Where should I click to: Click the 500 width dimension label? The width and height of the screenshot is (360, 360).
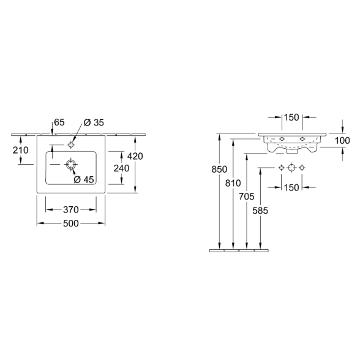71,223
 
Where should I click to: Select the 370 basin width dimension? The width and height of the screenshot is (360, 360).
71,209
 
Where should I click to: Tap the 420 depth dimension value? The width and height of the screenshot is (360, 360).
135,156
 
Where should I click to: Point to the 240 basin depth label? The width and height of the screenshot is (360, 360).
121,168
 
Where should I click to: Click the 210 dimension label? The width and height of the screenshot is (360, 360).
21,150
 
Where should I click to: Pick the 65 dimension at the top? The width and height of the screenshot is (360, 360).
59,122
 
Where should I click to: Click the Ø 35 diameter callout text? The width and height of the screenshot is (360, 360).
94,122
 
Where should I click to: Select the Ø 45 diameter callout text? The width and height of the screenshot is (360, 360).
84,179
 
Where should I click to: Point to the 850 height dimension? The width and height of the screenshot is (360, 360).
219,169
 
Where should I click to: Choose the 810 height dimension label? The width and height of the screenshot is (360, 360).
233,183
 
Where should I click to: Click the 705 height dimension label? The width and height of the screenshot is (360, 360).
247,197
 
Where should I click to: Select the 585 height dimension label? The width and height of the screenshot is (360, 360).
260,211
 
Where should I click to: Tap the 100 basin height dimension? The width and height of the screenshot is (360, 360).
342,141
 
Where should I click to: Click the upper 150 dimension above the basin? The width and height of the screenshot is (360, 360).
291,118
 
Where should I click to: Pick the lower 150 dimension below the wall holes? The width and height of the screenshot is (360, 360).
291,187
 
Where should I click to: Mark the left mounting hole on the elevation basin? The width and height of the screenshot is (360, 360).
282,138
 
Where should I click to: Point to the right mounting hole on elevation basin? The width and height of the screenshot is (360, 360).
302,138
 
